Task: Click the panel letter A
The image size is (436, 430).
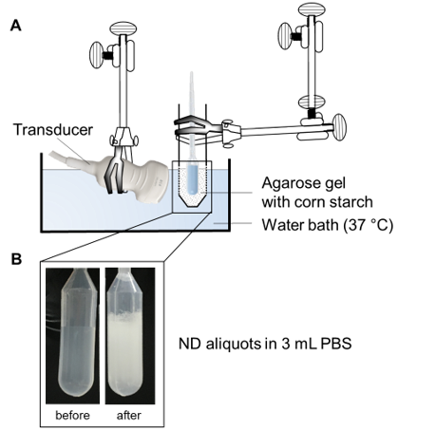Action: click(x=16, y=26)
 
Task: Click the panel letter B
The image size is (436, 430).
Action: click(x=16, y=258)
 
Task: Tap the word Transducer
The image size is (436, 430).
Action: click(x=53, y=130)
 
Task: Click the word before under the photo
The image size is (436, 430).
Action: click(x=72, y=415)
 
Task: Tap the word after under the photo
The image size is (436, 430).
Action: click(x=129, y=415)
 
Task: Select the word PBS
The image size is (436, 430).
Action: click(x=336, y=344)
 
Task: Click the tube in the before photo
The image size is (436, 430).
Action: click(x=77, y=332)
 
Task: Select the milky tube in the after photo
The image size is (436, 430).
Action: click(x=125, y=332)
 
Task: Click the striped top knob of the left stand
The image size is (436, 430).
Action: click(x=123, y=28)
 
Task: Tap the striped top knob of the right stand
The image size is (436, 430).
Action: click(x=312, y=9)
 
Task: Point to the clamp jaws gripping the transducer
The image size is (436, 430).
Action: click(x=115, y=171)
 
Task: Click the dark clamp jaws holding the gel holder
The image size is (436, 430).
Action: click(x=193, y=126)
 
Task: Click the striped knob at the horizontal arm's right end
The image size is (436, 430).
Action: click(x=339, y=127)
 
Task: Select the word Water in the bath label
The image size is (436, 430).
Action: click(x=280, y=225)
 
